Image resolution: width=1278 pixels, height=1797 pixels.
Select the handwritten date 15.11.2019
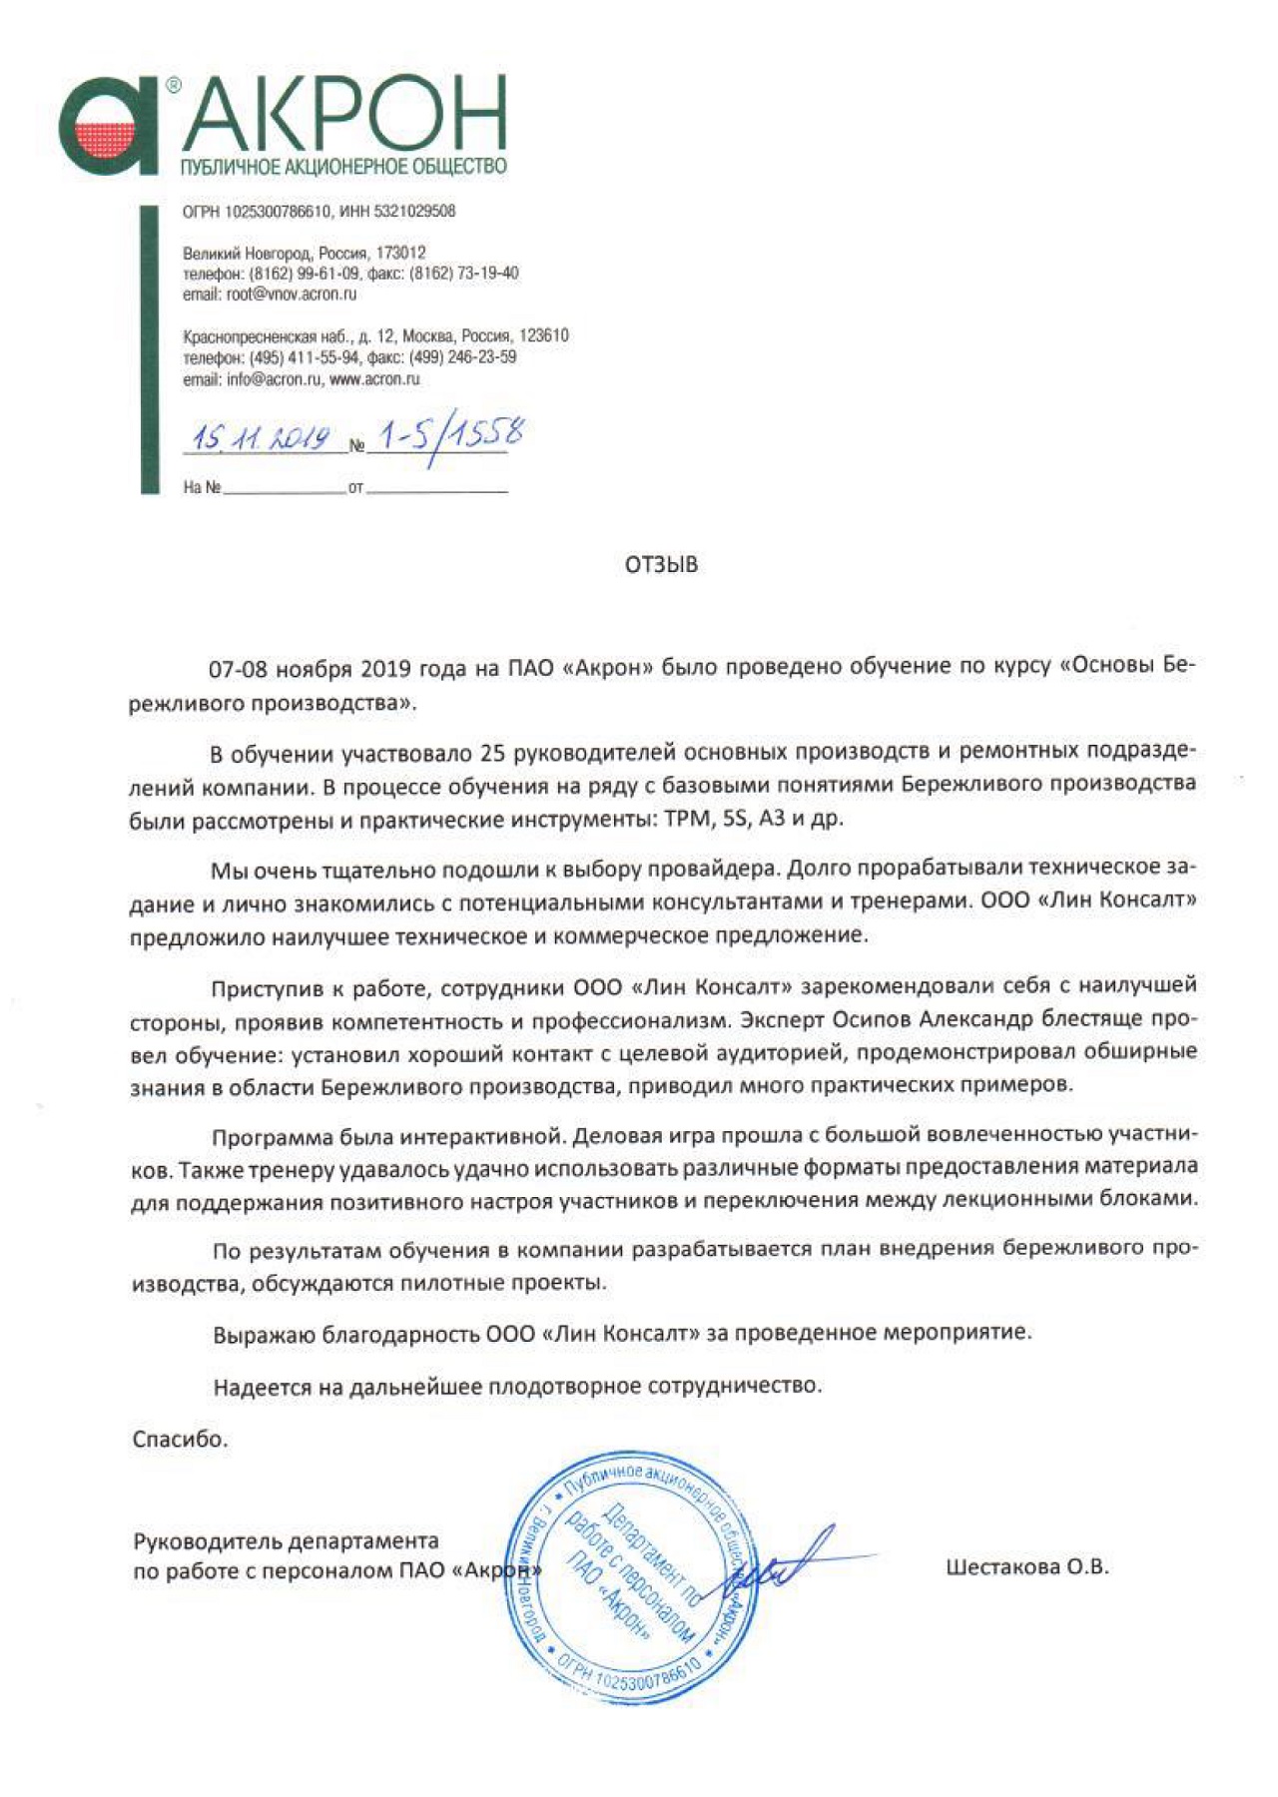click(262, 437)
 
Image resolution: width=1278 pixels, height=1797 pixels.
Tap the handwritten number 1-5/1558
click(446, 435)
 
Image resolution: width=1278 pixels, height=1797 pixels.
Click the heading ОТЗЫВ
click(661, 565)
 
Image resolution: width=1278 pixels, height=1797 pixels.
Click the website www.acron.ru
click(374, 379)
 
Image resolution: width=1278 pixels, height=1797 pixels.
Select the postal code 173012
click(400, 253)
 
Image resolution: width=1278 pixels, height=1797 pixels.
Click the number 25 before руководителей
click(492, 751)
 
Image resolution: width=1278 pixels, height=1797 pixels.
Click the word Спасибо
click(180, 1439)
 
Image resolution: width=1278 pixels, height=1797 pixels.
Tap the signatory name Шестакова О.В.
click(1026, 1566)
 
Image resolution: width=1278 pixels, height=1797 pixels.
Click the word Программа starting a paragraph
click(271, 1136)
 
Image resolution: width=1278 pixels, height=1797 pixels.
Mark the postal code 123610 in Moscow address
click(543, 335)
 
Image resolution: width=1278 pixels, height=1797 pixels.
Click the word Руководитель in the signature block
click(205, 1541)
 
